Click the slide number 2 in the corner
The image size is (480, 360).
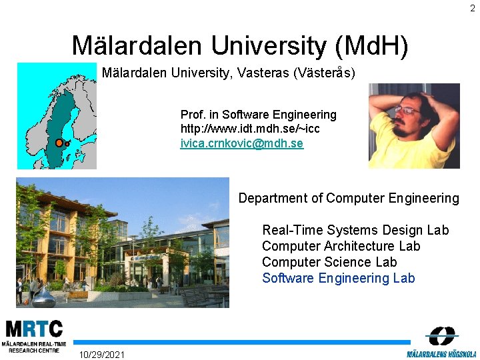click(x=472, y=8)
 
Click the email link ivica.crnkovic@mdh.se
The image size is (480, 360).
click(x=242, y=143)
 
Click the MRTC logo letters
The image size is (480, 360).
click(x=34, y=329)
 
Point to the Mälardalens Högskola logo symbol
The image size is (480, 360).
click(x=442, y=336)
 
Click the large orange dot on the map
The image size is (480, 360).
click(x=59, y=143)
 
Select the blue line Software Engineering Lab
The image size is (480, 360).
click(x=338, y=278)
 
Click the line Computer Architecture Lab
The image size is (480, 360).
click(x=341, y=246)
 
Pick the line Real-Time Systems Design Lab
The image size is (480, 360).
click(x=355, y=230)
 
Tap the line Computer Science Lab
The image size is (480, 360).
click(x=329, y=262)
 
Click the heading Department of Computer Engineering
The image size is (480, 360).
click(x=349, y=198)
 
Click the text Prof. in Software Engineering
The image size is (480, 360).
click(x=258, y=115)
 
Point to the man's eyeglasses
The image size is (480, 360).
click(x=406, y=109)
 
